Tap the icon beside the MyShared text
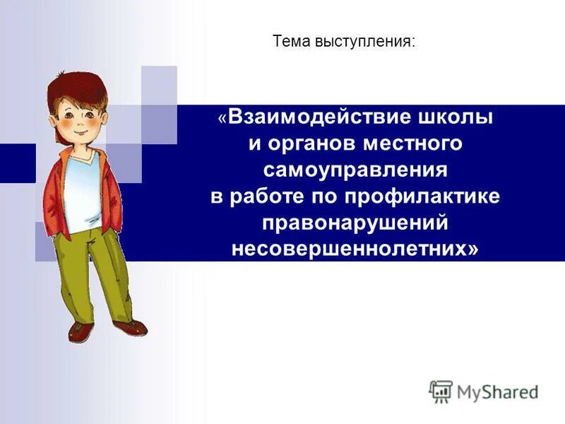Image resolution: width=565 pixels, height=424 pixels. (440, 391)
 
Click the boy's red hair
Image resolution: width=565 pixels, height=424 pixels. (71, 89)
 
